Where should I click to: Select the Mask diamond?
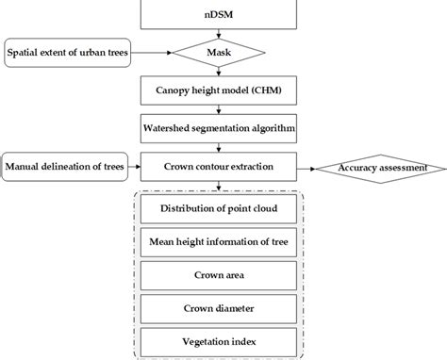tap(219, 52)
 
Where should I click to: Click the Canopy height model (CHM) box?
tap(219, 90)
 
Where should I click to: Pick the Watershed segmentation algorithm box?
tap(219, 127)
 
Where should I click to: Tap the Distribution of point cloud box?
tap(219, 209)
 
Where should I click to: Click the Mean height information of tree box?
tap(219, 240)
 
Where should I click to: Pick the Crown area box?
tap(219, 274)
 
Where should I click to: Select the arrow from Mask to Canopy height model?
tap(219, 71)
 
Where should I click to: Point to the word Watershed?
tap(173, 127)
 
